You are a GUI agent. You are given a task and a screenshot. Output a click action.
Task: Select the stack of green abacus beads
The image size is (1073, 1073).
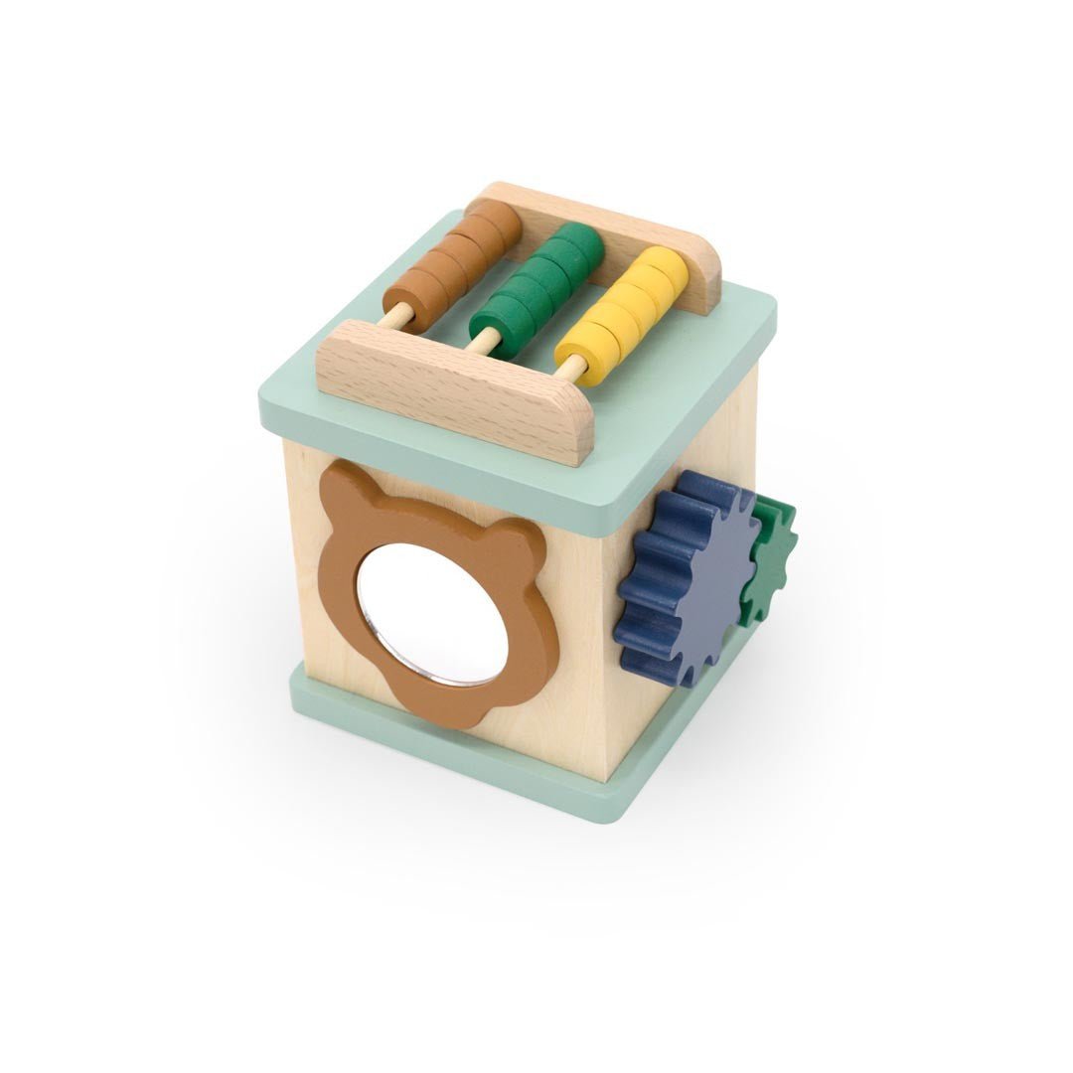(x=536, y=283)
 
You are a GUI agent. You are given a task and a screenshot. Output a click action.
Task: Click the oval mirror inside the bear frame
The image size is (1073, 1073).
(x=432, y=616)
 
